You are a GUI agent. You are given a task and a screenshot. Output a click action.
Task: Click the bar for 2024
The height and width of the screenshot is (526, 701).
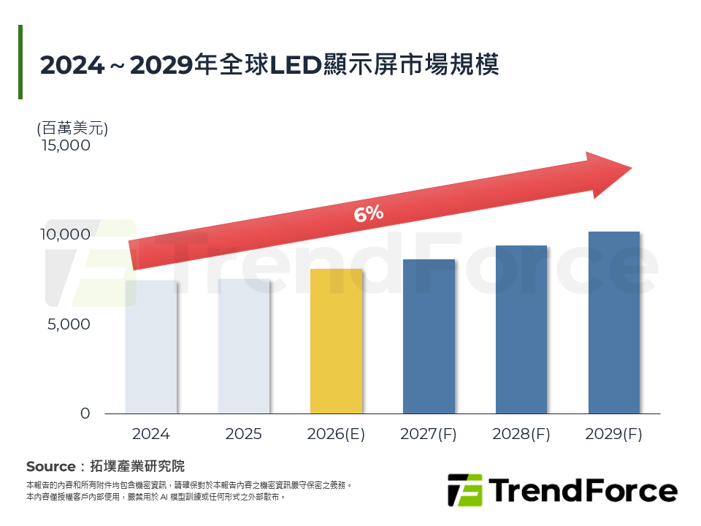(x=151, y=347)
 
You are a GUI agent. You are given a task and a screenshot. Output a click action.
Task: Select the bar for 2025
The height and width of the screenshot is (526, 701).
(x=244, y=346)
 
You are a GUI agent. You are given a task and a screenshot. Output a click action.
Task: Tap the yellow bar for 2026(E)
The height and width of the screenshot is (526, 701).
(x=336, y=341)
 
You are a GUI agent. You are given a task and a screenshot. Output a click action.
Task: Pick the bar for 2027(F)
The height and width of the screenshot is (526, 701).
(x=429, y=337)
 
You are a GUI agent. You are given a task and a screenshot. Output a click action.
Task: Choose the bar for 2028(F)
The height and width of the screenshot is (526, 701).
(x=521, y=329)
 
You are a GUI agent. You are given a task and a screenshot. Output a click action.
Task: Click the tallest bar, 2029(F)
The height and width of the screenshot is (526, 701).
(x=614, y=322)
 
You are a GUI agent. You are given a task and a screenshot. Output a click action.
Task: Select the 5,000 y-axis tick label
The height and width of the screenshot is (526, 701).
(x=69, y=324)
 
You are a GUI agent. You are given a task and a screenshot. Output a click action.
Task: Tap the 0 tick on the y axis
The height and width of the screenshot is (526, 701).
(x=85, y=413)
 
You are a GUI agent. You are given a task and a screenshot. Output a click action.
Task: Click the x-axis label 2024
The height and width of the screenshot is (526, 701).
(x=151, y=434)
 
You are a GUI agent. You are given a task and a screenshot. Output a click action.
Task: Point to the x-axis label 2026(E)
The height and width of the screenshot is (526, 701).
(x=336, y=434)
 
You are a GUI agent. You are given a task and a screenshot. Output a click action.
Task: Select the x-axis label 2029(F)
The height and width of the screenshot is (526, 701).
(x=614, y=434)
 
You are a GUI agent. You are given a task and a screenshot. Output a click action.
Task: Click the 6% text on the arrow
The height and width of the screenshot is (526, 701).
(x=368, y=214)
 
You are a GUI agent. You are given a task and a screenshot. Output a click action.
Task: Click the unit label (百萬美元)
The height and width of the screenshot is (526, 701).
(x=72, y=129)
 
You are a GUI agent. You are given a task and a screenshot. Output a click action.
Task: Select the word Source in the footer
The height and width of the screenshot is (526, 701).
(x=50, y=466)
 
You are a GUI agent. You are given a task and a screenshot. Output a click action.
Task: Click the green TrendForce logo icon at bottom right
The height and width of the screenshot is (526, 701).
(x=464, y=490)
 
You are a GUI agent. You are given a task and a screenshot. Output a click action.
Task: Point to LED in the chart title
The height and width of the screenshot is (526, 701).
(x=296, y=65)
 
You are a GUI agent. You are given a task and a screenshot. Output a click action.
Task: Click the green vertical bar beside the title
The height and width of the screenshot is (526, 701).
(x=20, y=62)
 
